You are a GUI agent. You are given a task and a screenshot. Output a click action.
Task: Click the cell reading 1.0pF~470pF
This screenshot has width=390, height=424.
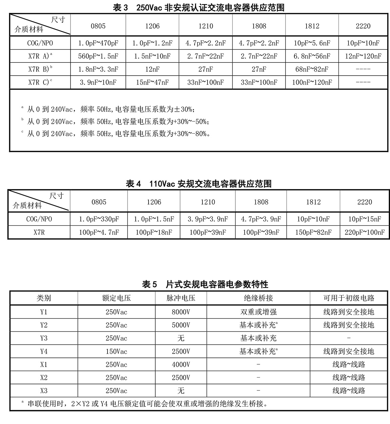pos(98,43)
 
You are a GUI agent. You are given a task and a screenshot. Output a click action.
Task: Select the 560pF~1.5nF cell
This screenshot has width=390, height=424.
pos(98,56)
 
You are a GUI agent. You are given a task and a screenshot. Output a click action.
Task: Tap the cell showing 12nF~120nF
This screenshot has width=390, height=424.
pos(363,56)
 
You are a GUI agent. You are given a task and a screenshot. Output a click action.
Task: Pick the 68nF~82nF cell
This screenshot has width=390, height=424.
pos(312,69)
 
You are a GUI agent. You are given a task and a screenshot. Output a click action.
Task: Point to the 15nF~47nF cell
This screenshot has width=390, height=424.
pos(152,82)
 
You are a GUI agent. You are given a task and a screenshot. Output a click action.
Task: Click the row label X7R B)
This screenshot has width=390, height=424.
pos(40,69)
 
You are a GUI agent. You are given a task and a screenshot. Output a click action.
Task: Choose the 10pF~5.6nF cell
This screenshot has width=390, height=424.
pos(312,43)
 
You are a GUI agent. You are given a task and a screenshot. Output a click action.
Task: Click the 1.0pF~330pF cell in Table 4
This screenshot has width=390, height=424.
pos(99,219)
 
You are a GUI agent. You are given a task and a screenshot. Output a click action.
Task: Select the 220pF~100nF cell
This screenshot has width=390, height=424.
pos(365,232)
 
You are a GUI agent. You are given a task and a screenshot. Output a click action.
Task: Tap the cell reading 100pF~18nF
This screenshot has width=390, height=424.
pos(154,232)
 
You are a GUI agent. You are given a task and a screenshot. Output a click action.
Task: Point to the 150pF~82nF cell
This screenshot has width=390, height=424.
pos(313,232)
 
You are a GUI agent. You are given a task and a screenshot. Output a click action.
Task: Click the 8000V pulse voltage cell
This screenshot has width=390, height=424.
pos(181,312)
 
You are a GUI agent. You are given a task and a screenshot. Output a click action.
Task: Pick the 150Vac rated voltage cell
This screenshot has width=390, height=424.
pos(116,351)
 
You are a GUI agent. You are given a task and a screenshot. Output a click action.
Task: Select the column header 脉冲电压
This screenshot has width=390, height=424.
pos(181,298)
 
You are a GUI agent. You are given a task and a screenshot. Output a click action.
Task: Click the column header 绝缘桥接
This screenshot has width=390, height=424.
pos(258,298)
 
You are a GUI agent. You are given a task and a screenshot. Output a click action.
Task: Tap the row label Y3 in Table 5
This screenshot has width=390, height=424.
pos(44,338)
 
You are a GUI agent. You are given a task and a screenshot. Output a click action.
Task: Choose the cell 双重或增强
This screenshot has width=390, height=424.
pos(258,312)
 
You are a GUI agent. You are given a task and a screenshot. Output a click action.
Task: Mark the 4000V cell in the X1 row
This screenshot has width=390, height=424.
pos(181,365)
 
